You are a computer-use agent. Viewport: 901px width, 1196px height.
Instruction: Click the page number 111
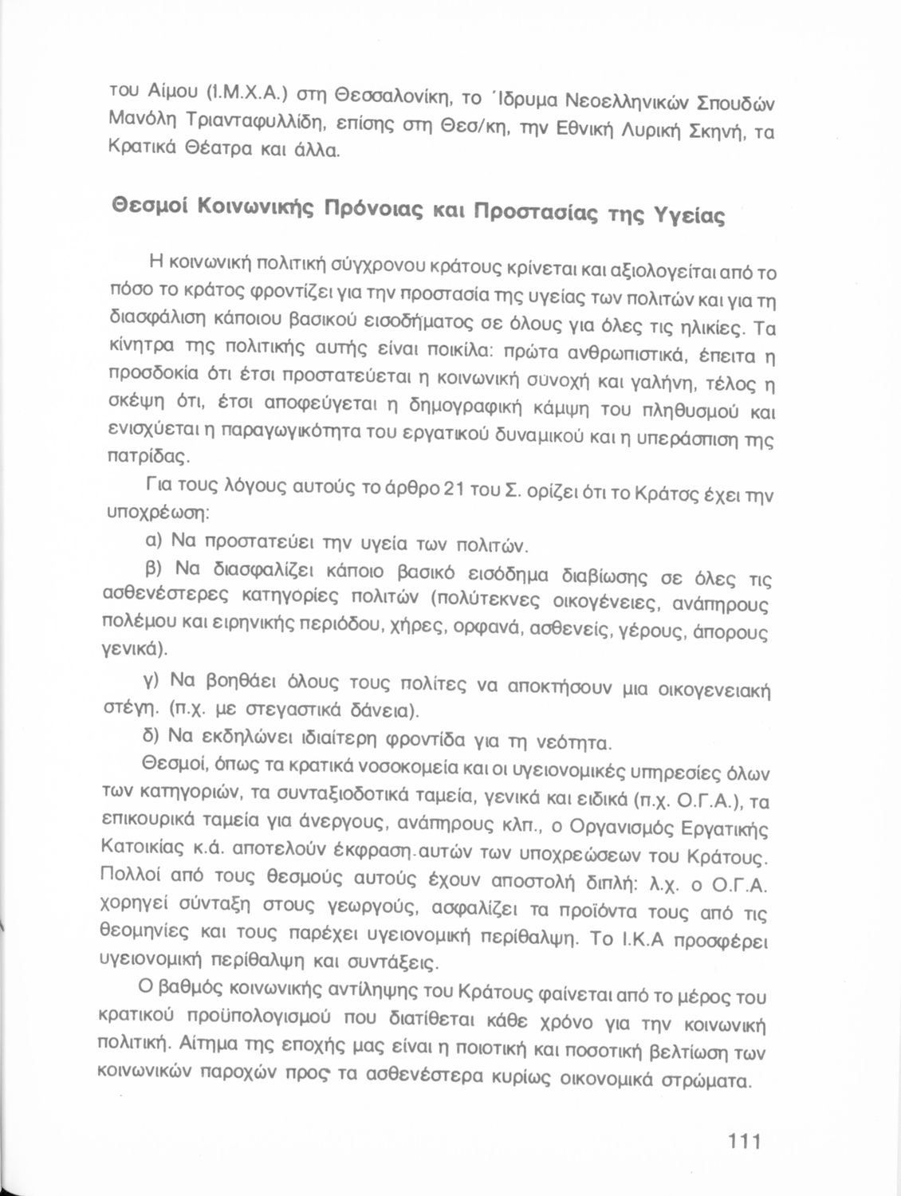745,1141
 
